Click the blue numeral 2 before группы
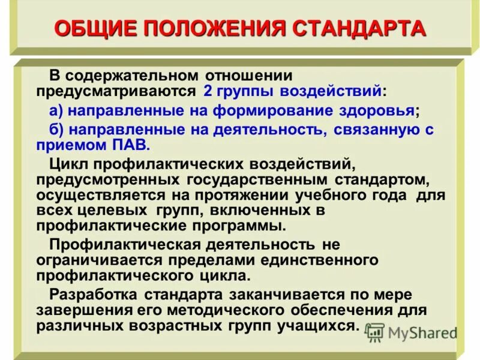click(208, 91)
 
